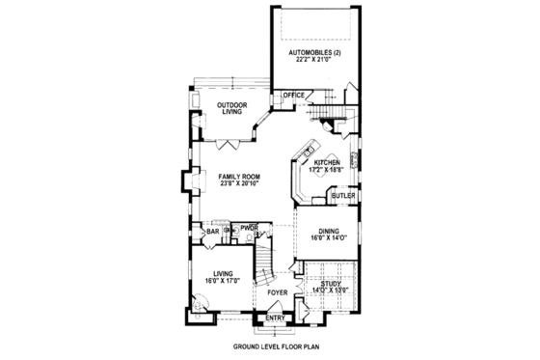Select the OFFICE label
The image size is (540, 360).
(292, 95)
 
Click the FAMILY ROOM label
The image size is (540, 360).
(239, 177)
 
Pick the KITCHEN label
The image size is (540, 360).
(326, 163)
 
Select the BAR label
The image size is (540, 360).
(211, 232)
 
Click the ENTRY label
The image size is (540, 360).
(276, 317)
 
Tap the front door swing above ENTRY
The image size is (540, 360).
(274, 306)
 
